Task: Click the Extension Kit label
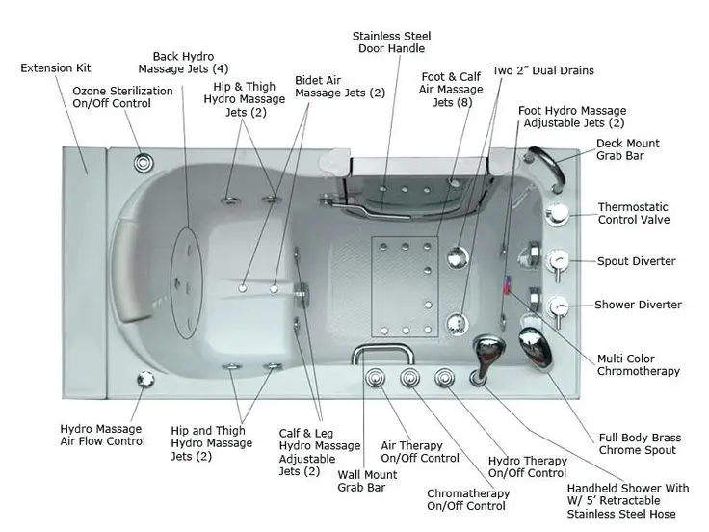coord(56,68)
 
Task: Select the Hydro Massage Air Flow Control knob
coord(144,379)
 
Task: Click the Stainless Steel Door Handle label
coord(390,41)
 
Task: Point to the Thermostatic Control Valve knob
coord(558,214)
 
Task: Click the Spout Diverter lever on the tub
coord(557,260)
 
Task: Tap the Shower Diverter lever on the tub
coord(557,306)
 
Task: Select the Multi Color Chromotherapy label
coord(638,364)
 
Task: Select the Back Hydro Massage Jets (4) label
coord(183,63)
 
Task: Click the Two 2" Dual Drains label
coord(542,70)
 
